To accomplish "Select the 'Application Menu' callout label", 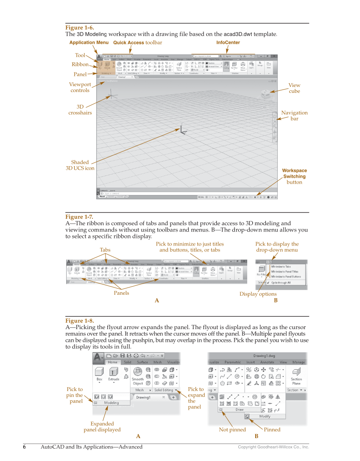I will coord(89,42).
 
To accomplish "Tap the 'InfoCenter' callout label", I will coord(228,42).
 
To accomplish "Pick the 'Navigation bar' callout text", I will coord(294,116).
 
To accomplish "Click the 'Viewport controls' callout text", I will coord(80,87).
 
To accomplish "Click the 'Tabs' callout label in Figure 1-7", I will coord(105,250).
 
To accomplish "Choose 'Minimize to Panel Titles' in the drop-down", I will coord(284,271).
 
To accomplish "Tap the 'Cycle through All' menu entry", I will coord(281,282).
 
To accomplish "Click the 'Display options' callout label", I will coord(258,294).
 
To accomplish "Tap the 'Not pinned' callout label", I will coord(232,430).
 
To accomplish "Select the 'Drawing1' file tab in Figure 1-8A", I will coord(143,397).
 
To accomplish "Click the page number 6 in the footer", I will coord(24,447).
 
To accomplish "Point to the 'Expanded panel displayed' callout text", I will coord(102,427).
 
